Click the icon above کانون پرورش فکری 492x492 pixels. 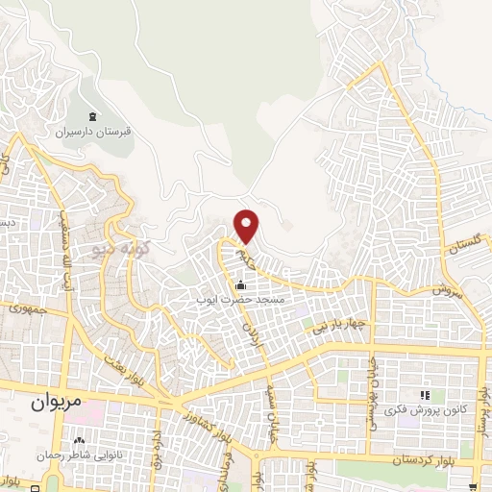pos(424,395)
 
